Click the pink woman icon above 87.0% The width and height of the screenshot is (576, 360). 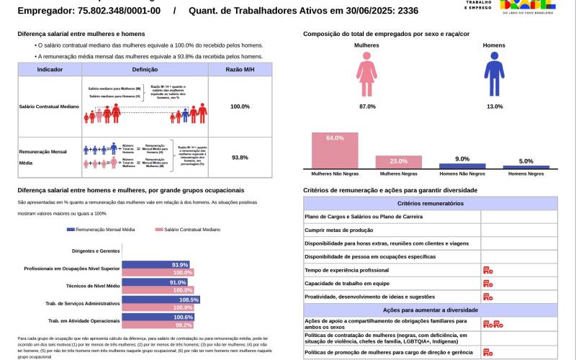366,78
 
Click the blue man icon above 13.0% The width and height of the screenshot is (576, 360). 494,78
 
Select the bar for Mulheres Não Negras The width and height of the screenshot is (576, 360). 335,150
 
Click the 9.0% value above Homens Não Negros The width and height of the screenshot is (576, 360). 462,158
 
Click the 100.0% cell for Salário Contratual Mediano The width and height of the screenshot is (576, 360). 240,107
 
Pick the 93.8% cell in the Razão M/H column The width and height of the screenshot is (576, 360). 240,157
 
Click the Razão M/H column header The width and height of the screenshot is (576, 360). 240,68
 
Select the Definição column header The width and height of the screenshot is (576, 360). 145,68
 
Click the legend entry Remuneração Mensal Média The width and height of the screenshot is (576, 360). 101,229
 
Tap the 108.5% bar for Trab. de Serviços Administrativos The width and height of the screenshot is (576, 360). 161,300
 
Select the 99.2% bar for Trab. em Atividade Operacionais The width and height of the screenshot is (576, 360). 158,325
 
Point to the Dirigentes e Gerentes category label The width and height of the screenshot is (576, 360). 96,251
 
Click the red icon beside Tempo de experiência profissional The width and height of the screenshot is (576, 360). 487,270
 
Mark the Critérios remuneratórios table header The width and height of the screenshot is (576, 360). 430,204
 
